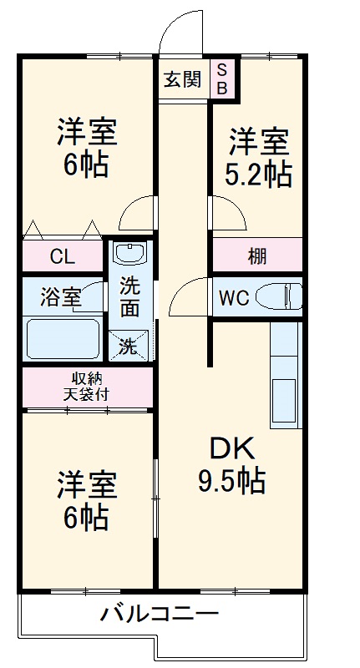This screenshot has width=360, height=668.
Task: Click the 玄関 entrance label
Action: [x=183, y=79]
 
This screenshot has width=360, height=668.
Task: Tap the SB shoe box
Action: [x=223, y=78]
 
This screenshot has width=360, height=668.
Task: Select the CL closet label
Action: [x=62, y=256]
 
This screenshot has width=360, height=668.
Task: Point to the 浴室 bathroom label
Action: [x=60, y=297]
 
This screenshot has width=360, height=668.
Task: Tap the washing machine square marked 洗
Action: [x=129, y=346]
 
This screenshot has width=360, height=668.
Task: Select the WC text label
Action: [x=234, y=298]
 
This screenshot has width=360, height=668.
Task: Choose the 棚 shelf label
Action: [x=257, y=256]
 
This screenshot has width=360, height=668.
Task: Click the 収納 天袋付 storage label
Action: [x=86, y=387]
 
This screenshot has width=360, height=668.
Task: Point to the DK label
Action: [x=231, y=448]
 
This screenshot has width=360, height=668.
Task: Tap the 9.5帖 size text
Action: [x=231, y=481]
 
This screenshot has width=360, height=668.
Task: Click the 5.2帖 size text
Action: [x=258, y=175]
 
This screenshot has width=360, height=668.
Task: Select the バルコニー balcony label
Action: [x=160, y=614]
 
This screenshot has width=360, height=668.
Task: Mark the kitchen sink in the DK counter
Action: [x=284, y=401]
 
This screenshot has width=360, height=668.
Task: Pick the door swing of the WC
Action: [x=186, y=296]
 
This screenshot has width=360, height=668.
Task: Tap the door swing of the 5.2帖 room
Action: [x=228, y=212]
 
